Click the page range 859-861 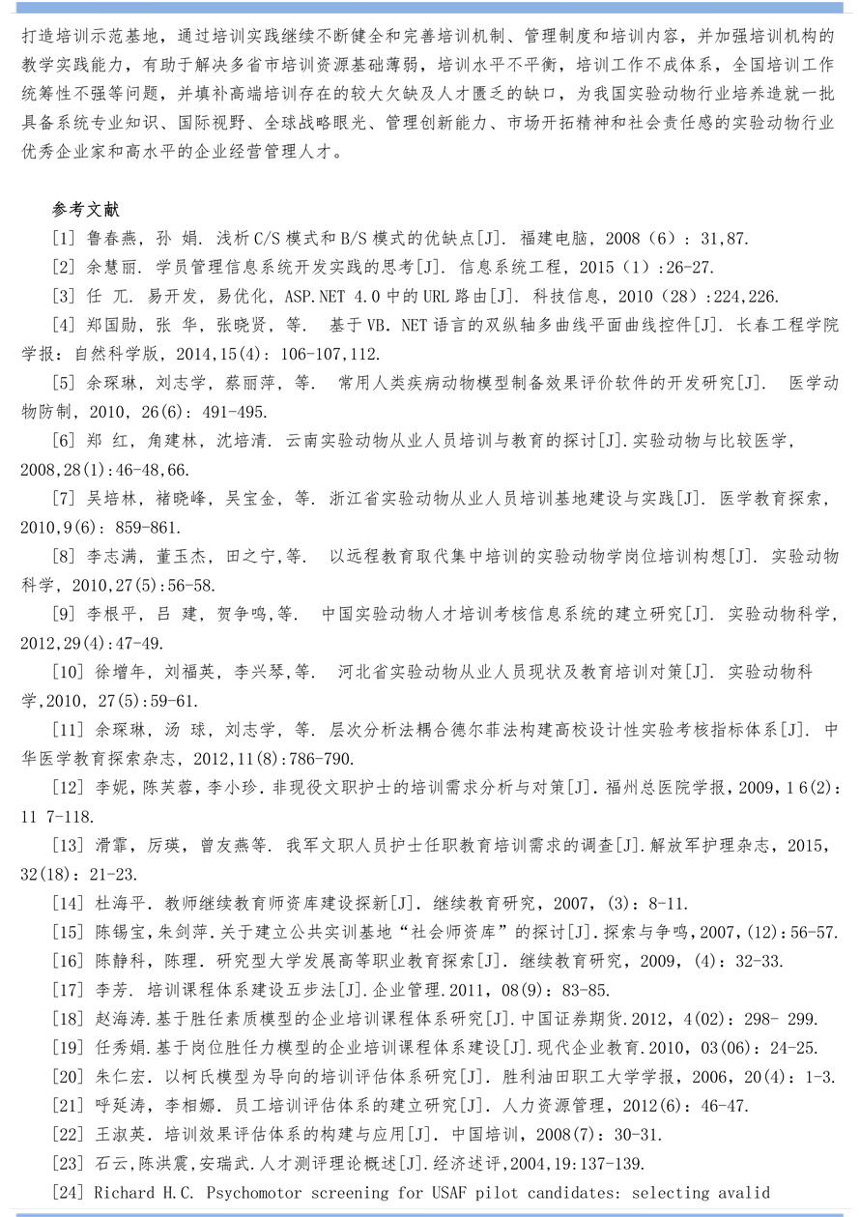(x=148, y=527)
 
